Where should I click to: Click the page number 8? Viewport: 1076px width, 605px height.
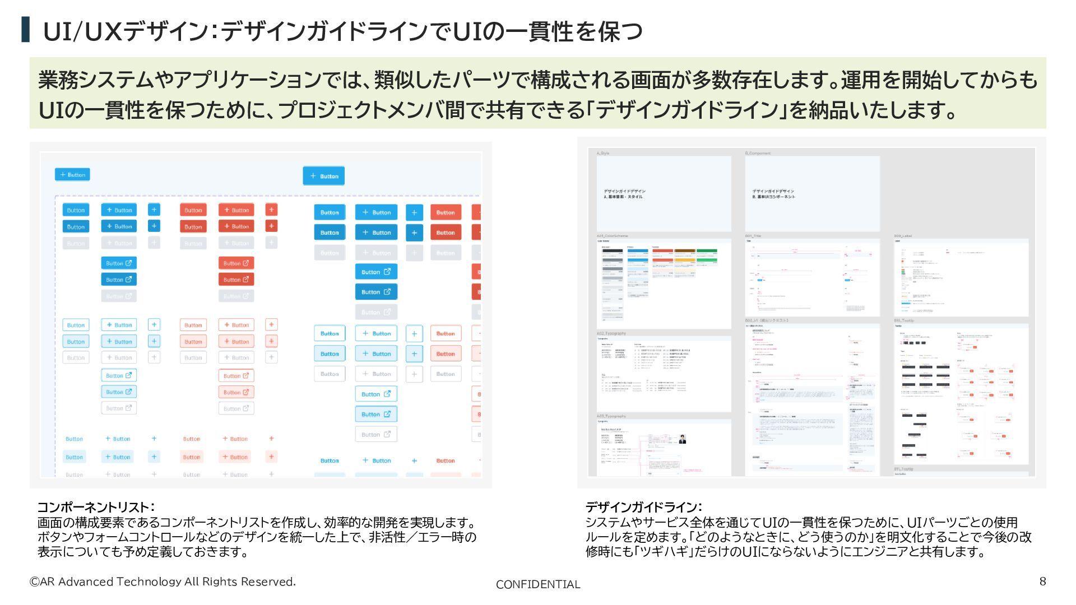point(1042,581)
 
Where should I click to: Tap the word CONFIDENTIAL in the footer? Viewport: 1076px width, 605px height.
point(537,584)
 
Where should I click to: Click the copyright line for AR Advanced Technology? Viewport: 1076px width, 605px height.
point(163,581)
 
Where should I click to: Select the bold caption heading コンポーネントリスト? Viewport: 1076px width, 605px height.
point(96,507)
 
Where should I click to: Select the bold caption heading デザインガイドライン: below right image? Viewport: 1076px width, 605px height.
point(643,507)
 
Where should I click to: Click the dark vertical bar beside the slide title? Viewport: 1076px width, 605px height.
point(25,30)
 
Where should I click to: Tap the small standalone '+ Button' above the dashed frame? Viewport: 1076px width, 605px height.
point(72,175)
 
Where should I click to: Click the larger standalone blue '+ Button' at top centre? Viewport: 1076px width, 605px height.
point(324,176)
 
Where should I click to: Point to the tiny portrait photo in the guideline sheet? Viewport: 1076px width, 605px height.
point(682,439)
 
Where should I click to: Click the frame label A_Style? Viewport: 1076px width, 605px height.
point(603,153)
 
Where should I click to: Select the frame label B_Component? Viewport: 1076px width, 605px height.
point(758,153)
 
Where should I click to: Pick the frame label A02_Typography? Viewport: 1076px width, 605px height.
point(611,333)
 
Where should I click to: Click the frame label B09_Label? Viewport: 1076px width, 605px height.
point(903,236)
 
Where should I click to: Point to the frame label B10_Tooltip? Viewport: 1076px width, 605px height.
point(904,320)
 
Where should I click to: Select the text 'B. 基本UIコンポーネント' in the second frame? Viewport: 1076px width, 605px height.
point(774,197)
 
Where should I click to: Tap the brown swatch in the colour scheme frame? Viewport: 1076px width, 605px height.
point(685,251)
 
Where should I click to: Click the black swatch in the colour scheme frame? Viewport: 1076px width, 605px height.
point(612,251)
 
